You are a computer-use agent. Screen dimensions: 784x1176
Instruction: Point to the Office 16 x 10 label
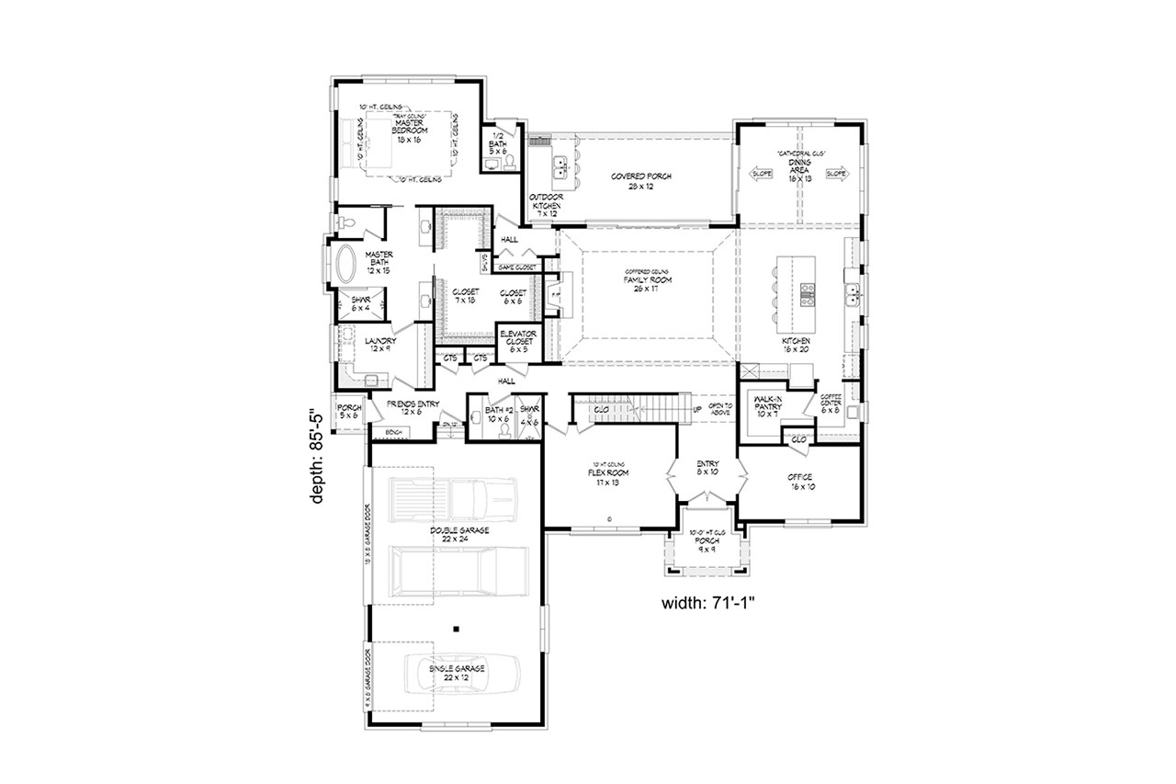(x=800, y=482)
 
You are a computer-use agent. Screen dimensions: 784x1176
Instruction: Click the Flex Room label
(x=607, y=477)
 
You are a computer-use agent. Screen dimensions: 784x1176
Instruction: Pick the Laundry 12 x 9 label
(x=354, y=346)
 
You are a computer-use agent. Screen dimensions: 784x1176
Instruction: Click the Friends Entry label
(x=413, y=407)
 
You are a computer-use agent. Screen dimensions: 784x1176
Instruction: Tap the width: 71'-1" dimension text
(x=708, y=604)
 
